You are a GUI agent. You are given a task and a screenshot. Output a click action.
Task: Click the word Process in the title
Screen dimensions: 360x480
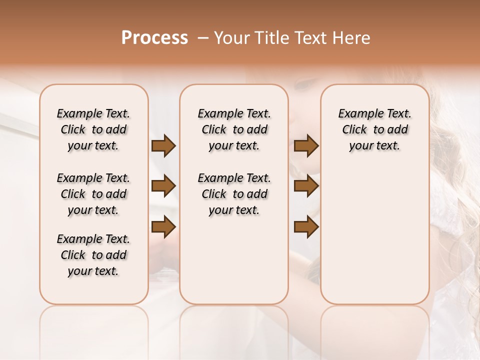pyautogui.click(x=154, y=38)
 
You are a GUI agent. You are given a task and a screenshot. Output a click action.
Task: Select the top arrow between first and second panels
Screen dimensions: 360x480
pyautogui.click(x=163, y=146)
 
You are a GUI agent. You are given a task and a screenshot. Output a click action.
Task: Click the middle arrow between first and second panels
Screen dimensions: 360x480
pyautogui.click(x=163, y=186)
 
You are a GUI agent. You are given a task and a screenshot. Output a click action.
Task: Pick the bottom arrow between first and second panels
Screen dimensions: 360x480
pyautogui.click(x=163, y=227)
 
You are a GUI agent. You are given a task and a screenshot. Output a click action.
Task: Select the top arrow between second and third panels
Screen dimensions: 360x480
pyautogui.click(x=306, y=146)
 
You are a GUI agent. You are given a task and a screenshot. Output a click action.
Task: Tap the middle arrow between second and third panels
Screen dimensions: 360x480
pyautogui.click(x=306, y=186)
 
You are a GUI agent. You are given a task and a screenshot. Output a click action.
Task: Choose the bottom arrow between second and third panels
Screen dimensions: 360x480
pyautogui.click(x=306, y=227)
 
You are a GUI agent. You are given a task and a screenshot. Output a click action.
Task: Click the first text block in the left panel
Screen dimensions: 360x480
pyautogui.click(x=93, y=129)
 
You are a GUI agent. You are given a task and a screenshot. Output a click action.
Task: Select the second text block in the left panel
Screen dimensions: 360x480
pyautogui.click(x=93, y=194)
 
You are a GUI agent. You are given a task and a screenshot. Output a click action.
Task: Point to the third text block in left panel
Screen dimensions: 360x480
pyautogui.click(x=93, y=255)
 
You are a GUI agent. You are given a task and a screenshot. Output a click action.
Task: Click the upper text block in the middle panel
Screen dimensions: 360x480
pyautogui.click(x=234, y=129)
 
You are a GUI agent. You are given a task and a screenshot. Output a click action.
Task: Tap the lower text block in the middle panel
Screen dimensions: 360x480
pyautogui.click(x=234, y=194)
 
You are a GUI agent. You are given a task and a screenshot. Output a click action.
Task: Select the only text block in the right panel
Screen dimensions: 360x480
pyautogui.click(x=374, y=129)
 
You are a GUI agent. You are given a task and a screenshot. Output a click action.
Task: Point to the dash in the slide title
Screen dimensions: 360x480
pyautogui.click(x=203, y=38)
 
